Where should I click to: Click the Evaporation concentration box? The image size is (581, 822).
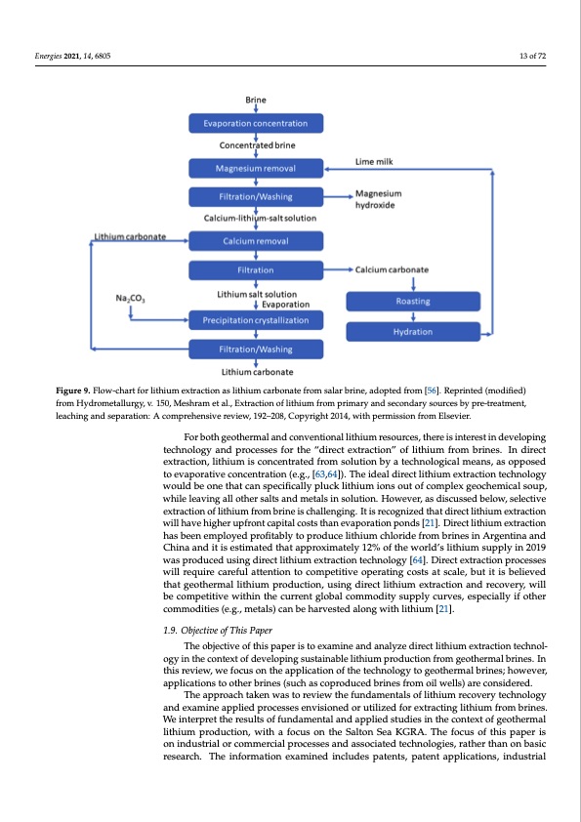(255, 124)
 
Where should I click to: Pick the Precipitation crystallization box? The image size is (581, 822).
(255, 320)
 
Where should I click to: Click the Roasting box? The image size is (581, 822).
(414, 302)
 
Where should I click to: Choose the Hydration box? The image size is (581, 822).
(414, 332)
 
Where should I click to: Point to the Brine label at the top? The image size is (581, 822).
(255, 100)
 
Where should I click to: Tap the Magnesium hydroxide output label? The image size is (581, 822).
(379, 200)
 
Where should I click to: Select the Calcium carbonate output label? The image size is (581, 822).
(394, 269)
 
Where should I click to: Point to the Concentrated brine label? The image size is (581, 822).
(255, 147)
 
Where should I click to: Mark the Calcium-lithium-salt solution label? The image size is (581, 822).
(255, 219)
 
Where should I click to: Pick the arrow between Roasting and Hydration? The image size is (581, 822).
(414, 316)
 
